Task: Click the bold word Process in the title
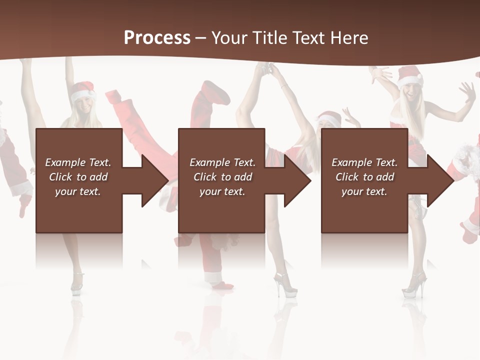pos(157,38)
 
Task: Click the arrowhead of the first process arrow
pos(155,180)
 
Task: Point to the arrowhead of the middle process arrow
pos(297,180)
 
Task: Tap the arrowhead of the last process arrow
pos(440,180)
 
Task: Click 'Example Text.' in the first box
pos(78,162)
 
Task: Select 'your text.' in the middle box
pos(222,191)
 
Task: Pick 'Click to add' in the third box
pos(365,177)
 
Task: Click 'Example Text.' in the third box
pos(364,162)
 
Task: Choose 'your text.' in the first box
pos(78,191)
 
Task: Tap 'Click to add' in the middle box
pos(222,177)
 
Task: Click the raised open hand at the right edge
pos(467,91)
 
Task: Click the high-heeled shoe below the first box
pos(77,282)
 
